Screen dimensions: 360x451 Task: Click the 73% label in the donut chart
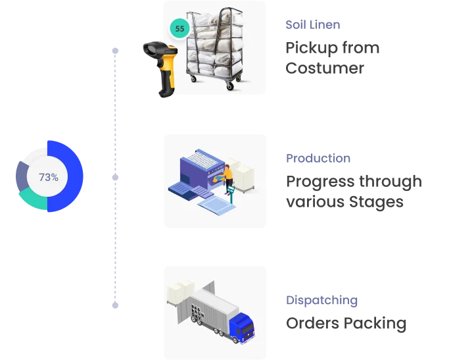click(49, 177)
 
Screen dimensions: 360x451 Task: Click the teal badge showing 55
click(180, 28)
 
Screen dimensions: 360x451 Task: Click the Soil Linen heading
click(312, 25)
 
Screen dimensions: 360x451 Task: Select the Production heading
click(318, 158)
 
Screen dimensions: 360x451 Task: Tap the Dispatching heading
click(320, 301)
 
